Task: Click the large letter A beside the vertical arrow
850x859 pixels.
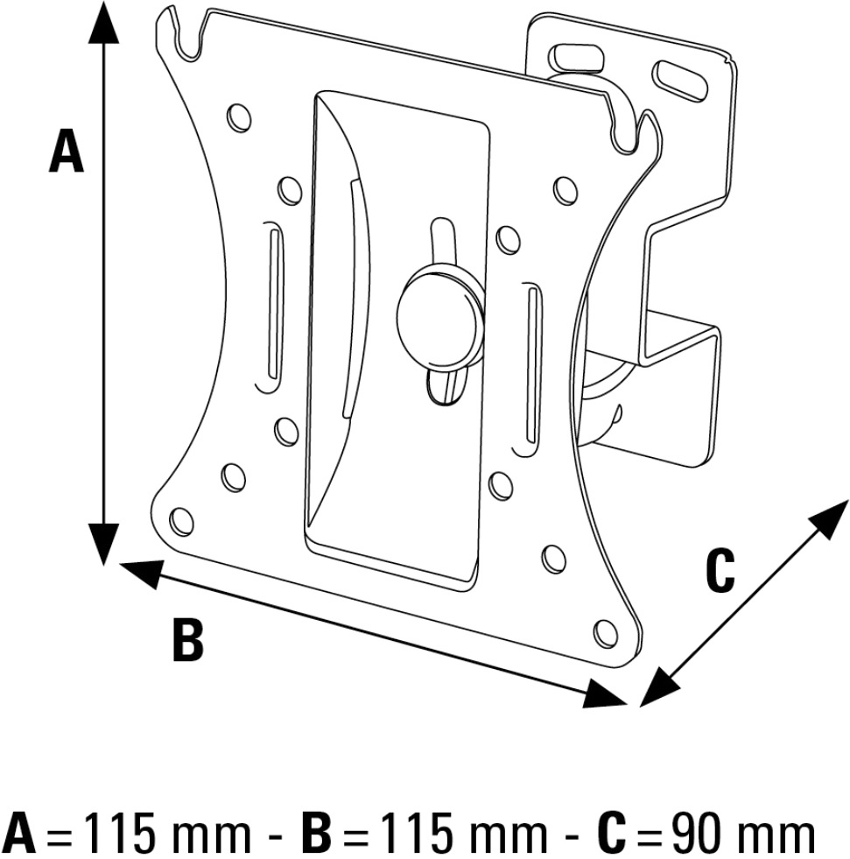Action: pyautogui.click(x=67, y=151)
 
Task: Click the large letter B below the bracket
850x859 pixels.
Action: pyautogui.click(x=188, y=638)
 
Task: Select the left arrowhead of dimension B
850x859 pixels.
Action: pyautogui.click(x=140, y=573)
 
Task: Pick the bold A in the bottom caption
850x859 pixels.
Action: pyautogui.click(x=18, y=834)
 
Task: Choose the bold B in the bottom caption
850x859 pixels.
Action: pyautogui.click(x=316, y=834)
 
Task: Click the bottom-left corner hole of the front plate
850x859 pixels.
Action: pyautogui.click(x=181, y=520)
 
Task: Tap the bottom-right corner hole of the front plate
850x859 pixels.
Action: pyautogui.click(x=606, y=632)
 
